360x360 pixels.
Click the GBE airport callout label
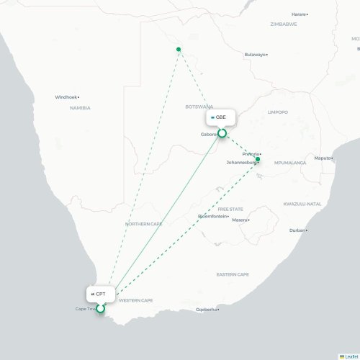[x=219, y=117]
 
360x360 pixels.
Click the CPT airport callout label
[x=99, y=294]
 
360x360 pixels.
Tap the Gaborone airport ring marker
[x=222, y=133]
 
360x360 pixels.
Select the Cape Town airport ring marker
[x=101, y=310]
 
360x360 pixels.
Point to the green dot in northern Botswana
[x=179, y=50]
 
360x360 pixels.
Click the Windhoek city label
[x=66, y=97]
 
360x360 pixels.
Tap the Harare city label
[x=298, y=14]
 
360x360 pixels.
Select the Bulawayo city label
[x=255, y=55]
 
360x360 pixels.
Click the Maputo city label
[x=323, y=158]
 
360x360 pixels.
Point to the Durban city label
[x=297, y=230]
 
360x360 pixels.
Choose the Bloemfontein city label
[x=212, y=216]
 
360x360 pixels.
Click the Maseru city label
[x=239, y=220]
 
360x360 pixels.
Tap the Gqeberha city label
[x=206, y=310]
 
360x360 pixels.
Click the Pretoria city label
[x=251, y=154]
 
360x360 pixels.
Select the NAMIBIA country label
[x=80, y=108]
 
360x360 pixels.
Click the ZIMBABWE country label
[x=284, y=24]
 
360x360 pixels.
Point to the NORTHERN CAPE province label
[x=143, y=224]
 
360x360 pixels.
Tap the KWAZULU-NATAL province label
[x=302, y=204]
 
